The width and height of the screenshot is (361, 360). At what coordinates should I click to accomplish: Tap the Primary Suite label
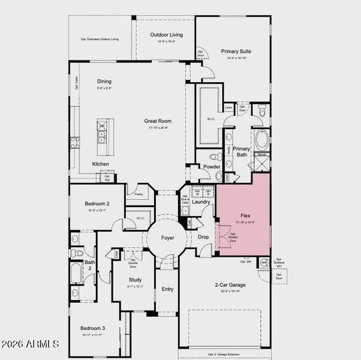[236, 52]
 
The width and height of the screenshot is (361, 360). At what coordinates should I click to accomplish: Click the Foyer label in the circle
[168, 238]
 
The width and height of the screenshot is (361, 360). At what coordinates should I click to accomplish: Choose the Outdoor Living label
[166, 35]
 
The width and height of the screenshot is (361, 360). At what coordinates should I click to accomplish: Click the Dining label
[104, 82]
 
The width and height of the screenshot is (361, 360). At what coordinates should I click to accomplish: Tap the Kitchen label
[100, 164]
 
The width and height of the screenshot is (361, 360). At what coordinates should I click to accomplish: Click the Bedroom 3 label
[93, 328]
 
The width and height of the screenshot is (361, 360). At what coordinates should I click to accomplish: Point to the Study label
[136, 280]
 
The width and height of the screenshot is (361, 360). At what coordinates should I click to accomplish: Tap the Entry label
[168, 289]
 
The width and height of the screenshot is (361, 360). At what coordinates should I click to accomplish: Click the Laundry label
[200, 202]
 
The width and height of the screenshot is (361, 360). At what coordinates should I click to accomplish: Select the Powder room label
[212, 167]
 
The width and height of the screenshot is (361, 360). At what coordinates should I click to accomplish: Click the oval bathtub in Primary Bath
[261, 140]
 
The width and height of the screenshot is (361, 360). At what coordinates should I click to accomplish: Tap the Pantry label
[139, 194]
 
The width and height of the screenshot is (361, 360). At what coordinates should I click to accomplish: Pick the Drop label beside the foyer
[203, 236]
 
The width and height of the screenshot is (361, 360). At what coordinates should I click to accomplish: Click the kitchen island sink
[102, 139]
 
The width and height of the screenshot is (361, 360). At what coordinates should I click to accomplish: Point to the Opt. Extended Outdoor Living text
[100, 39]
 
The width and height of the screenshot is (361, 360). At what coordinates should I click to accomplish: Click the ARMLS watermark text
[30, 344]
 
